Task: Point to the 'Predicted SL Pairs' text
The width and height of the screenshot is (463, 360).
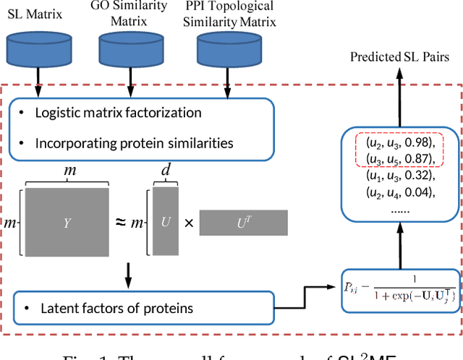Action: tap(399, 57)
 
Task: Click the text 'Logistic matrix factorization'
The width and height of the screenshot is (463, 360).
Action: tap(119, 113)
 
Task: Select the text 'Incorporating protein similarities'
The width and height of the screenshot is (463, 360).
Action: tap(134, 142)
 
